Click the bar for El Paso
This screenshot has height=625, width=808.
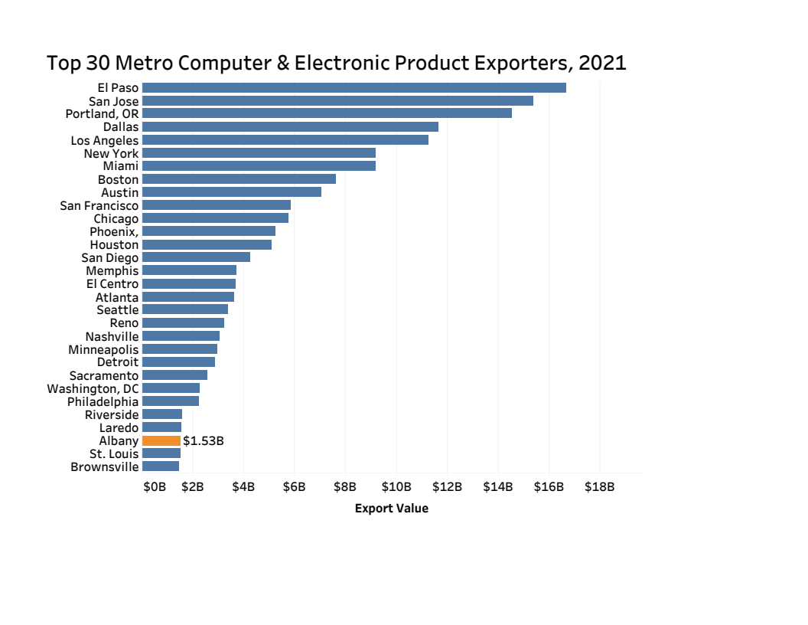point(353,87)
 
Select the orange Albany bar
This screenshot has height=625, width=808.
point(161,440)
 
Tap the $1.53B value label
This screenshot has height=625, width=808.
point(203,441)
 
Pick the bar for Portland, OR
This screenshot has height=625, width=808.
point(327,113)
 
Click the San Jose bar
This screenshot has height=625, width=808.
point(337,100)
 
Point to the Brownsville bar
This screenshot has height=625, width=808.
point(161,466)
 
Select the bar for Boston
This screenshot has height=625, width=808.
point(239,178)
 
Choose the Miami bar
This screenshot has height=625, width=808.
point(259,165)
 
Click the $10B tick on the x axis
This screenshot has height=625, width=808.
point(396,486)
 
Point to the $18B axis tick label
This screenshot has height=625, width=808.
point(599,486)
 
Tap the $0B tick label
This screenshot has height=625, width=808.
point(155,486)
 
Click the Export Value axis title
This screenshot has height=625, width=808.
point(391,509)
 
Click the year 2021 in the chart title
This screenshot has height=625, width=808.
point(602,63)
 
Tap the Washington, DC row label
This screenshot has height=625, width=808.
point(93,388)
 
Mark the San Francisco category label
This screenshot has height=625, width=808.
point(99,205)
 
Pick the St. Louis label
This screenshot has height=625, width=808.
point(114,453)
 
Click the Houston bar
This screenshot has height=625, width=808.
point(207,244)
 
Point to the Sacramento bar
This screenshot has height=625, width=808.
point(174,375)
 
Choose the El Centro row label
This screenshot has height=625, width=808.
point(112,284)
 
